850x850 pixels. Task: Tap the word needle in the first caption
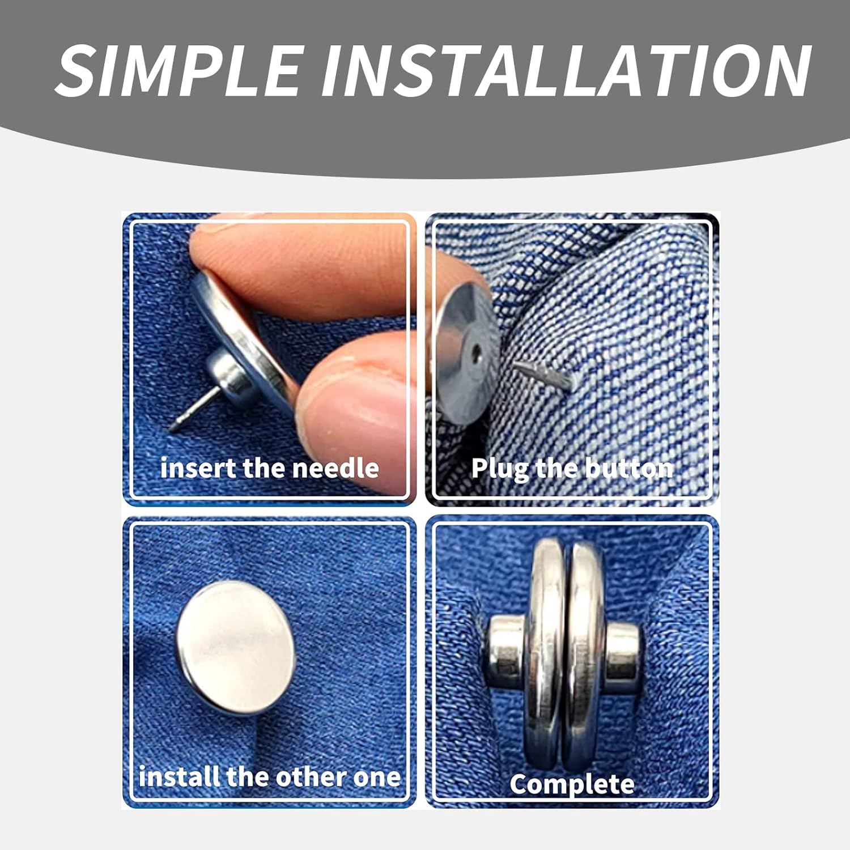(335, 468)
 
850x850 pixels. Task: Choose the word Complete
(572, 784)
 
